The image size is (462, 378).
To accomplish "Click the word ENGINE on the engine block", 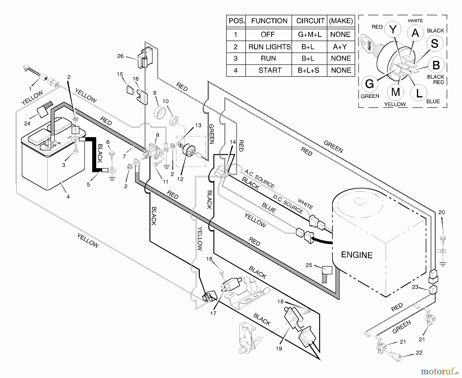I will [x=357, y=255].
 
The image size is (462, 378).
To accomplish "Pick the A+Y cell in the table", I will [x=341, y=47].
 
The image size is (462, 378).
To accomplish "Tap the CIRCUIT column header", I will [x=310, y=21].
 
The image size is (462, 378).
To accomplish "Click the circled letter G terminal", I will [x=369, y=84].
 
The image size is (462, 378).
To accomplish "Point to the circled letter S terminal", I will [x=435, y=44].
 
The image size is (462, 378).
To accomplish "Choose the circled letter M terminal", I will [x=395, y=92].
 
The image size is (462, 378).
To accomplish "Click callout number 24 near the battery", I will [x=27, y=124].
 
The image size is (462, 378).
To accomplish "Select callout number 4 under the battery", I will [x=68, y=197].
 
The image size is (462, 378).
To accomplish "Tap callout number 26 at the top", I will [x=120, y=56].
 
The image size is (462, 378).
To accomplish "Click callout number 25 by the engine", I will [x=309, y=265].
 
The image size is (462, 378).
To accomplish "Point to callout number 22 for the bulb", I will [x=419, y=353].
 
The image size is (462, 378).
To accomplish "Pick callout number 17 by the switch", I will [x=213, y=313].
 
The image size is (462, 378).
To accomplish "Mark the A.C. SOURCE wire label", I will [x=259, y=179].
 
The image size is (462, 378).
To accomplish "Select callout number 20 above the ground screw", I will [x=441, y=212].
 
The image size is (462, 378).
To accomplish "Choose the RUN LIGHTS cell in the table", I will [x=269, y=47].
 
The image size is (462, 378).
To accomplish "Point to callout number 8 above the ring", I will [x=155, y=93].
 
